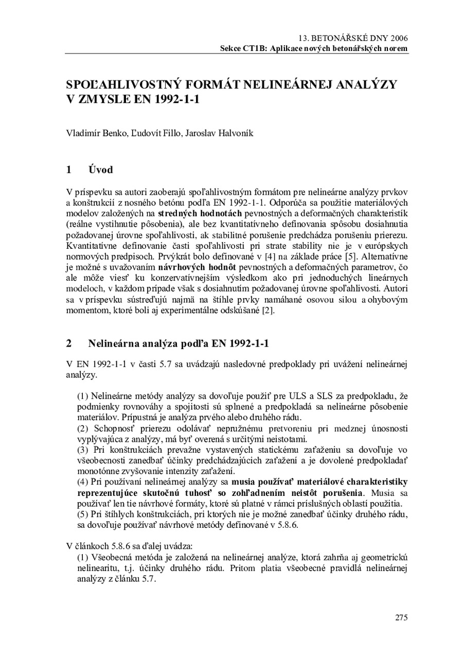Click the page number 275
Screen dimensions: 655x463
(401, 617)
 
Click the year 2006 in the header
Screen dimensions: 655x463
(399, 39)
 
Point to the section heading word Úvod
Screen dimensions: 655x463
(100, 169)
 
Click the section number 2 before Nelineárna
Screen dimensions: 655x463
(69, 343)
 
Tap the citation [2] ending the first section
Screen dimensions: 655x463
(268, 311)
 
